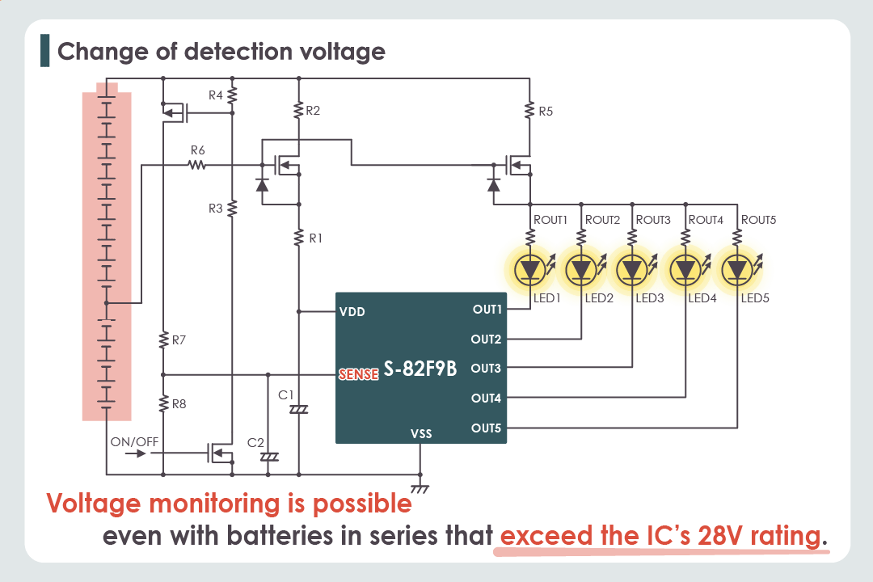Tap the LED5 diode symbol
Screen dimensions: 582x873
pos(736,268)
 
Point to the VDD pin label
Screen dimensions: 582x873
pos(352,311)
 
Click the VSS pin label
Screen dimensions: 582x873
pos(421,434)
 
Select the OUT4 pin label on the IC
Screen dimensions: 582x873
pos(487,398)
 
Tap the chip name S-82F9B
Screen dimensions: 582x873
pos(420,369)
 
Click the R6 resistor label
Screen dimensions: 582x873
pos(198,150)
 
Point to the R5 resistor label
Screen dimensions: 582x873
pos(546,112)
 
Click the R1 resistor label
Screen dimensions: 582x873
pos(316,238)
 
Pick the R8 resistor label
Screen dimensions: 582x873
pos(179,403)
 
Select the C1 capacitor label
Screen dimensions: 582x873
pos(285,395)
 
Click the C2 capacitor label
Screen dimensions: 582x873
pos(255,443)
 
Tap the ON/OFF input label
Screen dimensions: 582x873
pos(135,441)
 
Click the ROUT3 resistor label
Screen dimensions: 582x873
pos(653,220)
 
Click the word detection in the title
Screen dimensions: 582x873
pos(234,52)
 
